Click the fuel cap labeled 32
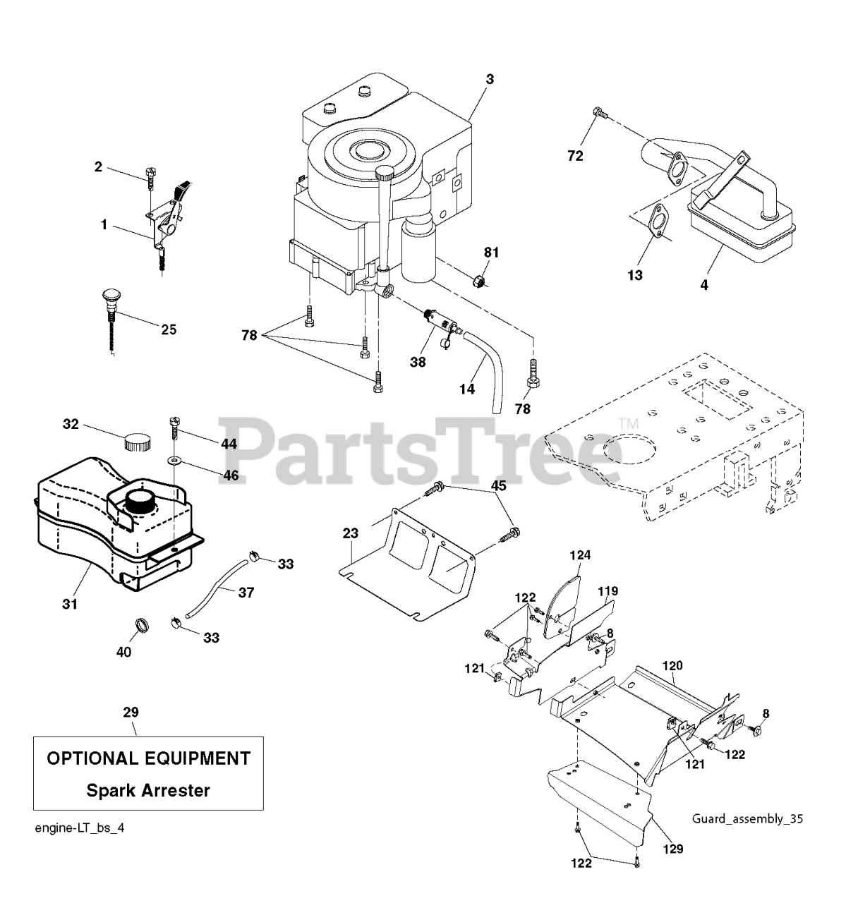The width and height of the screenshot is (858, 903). pyautogui.click(x=137, y=442)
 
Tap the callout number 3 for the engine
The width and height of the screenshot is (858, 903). pyautogui.click(x=489, y=79)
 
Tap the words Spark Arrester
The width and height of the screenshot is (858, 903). pyautogui.click(x=148, y=790)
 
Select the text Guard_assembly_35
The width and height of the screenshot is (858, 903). pyautogui.click(x=747, y=819)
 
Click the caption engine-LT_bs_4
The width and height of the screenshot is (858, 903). pyautogui.click(x=80, y=828)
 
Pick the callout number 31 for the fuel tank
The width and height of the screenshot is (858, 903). pyautogui.click(x=70, y=604)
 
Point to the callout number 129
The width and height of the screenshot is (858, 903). pyautogui.click(x=673, y=849)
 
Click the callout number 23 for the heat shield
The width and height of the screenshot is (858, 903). pyautogui.click(x=351, y=533)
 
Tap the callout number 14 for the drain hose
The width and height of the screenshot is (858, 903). pyautogui.click(x=466, y=389)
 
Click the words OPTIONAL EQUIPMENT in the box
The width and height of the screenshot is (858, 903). pyautogui.click(x=148, y=758)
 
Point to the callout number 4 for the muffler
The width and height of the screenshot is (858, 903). pyautogui.click(x=704, y=285)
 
